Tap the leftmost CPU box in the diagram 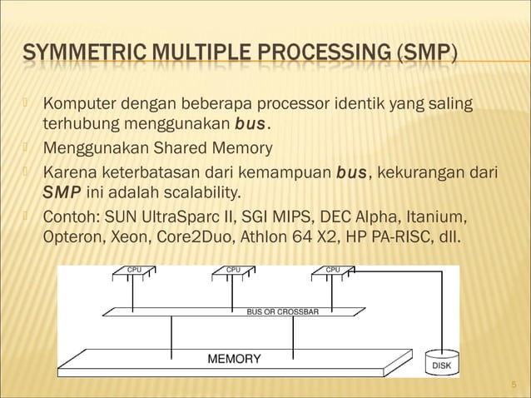(133, 270)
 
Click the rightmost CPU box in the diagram (333, 270)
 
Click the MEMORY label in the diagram (233, 359)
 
